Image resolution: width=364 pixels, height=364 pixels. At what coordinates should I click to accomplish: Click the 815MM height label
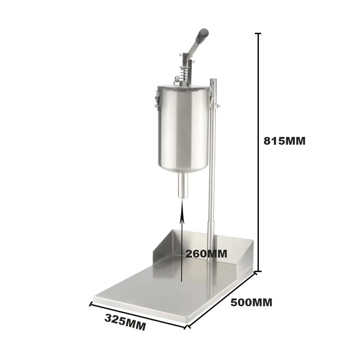coord(284,141)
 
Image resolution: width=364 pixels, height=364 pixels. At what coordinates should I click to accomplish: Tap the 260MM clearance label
coord(206,254)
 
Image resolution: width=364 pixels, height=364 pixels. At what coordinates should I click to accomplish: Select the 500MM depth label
coord(251,303)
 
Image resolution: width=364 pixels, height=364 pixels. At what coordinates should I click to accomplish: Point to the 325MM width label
coord(125,322)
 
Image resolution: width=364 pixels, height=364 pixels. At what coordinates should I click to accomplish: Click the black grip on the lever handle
coord(202,35)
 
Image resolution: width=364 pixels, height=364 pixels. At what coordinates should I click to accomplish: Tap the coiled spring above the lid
coord(183,72)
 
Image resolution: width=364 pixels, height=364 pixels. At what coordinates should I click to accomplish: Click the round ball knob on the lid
coord(177,78)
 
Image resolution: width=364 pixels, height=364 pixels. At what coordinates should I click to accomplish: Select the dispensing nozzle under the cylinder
coord(183,186)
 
